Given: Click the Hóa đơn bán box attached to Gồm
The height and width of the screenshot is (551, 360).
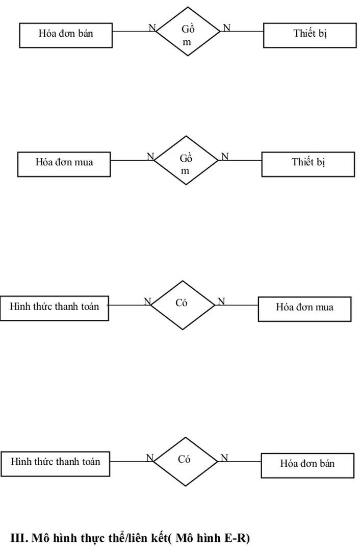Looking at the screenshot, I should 66,35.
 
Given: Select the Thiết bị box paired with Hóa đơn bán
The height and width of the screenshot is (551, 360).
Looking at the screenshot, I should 310,35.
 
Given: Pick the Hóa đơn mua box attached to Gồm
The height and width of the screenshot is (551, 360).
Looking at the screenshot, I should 64,164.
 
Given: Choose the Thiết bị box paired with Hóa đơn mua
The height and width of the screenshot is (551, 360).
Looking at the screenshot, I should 308,164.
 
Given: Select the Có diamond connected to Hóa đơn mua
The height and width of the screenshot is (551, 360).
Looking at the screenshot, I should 182,305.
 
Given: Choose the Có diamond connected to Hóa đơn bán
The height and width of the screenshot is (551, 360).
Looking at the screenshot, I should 185,460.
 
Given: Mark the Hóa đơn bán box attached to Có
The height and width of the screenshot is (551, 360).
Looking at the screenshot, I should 307,465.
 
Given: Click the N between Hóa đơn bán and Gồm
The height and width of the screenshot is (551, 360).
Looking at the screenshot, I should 152,28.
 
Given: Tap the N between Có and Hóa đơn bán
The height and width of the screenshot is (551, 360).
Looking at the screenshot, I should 223,458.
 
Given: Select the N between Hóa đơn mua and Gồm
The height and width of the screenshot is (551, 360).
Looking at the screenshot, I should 150,156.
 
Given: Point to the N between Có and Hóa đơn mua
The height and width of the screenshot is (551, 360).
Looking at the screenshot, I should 221,302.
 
